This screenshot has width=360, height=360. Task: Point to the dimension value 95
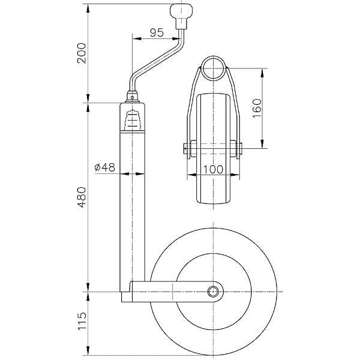click(x=157, y=33)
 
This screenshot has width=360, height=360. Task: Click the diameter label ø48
click(x=105, y=168)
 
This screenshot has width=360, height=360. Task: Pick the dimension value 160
click(x=257, y=108)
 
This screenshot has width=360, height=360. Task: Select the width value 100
click(x=212, y=169)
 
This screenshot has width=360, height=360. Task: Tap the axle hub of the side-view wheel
click(x=213, y=292)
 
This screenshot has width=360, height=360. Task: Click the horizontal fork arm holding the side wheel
click(x=174, y=292)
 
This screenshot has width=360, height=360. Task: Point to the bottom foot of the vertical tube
click(x=126, y=298)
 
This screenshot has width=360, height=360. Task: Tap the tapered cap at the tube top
click(x=132, y=99)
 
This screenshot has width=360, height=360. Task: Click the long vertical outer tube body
click(x=132, y=210)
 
